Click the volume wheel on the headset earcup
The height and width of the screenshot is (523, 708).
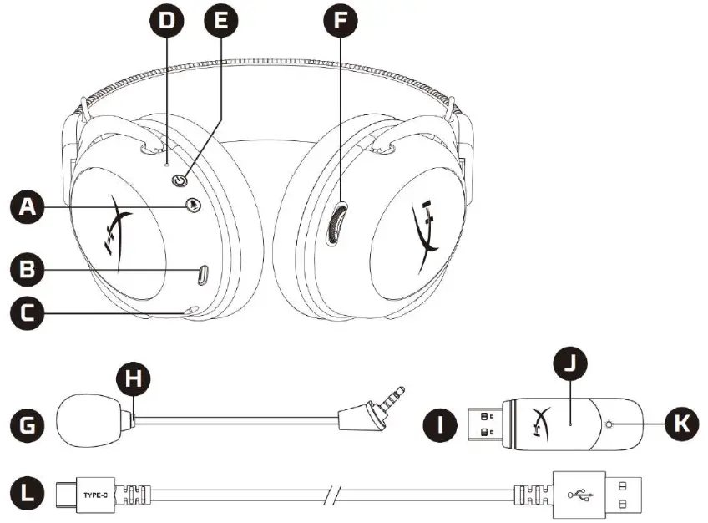coord(336,224)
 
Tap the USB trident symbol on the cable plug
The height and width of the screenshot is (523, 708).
coord(579,495)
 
